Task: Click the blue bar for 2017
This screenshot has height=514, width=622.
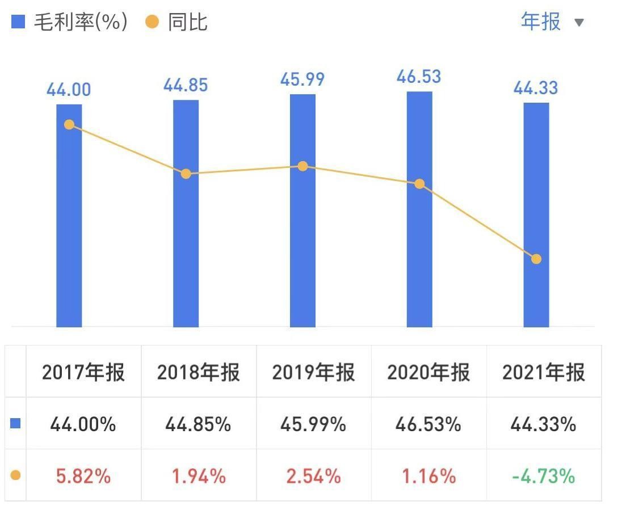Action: pos(69,227)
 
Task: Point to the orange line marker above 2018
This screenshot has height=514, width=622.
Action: pos(186,174)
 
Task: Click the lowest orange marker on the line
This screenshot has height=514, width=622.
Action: pos(536,259)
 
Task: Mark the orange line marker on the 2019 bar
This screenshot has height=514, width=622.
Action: pos(302,166)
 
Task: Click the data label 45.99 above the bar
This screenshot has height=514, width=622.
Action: pos(302,79)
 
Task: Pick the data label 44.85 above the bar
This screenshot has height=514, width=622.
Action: pos(186,85)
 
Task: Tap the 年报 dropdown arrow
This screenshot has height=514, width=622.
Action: pos(579,23)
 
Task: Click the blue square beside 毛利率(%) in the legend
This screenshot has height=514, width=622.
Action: pos(18,22)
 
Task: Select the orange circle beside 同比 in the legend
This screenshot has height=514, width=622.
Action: pos(152,22)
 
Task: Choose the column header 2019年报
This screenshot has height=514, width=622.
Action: pos(313,373)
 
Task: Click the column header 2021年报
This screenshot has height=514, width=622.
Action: pos(543,373)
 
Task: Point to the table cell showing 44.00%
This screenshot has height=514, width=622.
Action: pos(83,424)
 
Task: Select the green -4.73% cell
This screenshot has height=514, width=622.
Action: pos(543,476)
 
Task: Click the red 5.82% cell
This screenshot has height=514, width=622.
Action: pos(83,476)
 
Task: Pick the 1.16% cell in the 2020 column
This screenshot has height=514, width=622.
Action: pos(428,476)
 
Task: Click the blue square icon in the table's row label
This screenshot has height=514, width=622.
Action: pos(16,423)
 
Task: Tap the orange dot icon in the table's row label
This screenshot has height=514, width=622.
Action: pos(16,475)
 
